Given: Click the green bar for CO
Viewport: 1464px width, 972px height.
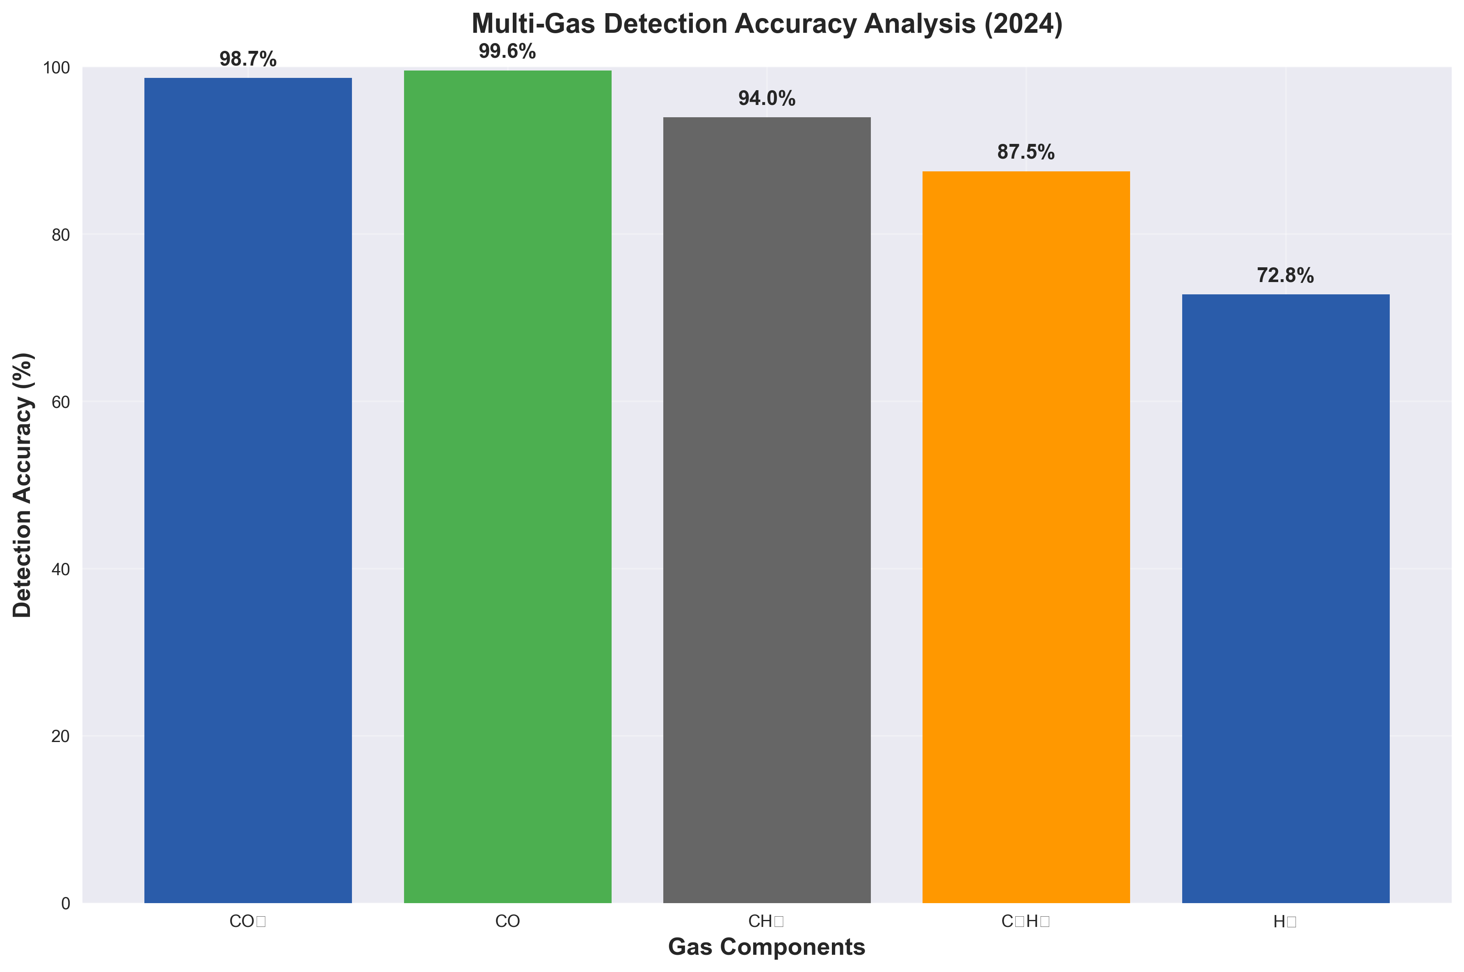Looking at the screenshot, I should click(x=507, y=487).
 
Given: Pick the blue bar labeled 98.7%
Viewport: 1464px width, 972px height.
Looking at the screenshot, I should click(x=248, y=490).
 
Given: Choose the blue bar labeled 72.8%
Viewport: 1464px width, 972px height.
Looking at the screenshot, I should click(x=1286, y=598).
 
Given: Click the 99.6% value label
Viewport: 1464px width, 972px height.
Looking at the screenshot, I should click(x=507, y=52).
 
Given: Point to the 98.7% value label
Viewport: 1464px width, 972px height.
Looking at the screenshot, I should click(x=248, y=59).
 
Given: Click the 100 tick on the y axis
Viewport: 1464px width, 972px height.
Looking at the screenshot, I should click(x=57, y=68).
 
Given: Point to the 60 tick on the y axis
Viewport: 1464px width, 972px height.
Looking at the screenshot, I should click(x=61, y=402).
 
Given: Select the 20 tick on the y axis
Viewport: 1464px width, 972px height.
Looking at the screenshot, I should click(x=61, y=736).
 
